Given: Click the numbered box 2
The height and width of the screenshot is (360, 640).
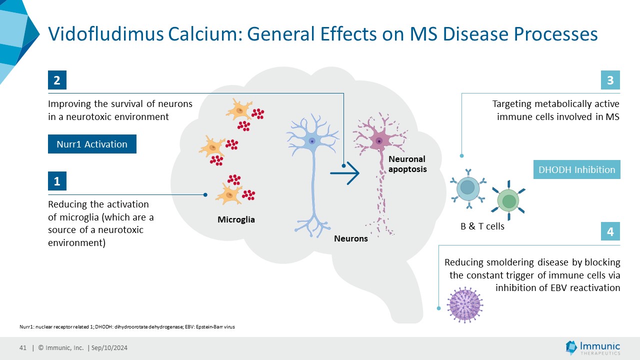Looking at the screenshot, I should click(x=57, y=80).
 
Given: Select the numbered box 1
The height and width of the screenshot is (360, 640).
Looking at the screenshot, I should click(x=57, y=181).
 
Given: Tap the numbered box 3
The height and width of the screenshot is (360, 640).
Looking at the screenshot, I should click(x=610, y=80).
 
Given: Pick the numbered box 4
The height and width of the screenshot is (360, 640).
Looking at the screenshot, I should click(x=610, y=232).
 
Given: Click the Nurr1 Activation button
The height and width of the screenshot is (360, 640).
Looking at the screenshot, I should click(x=92, y=144).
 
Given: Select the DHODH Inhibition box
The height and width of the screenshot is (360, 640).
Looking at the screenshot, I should click(x=576, y=169).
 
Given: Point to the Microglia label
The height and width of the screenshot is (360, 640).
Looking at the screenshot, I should click(x=236, y=219).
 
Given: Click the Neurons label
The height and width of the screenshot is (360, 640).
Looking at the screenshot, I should click(x=350, y=238).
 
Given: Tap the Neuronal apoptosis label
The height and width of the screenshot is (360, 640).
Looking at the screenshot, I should click(x=407, y=164).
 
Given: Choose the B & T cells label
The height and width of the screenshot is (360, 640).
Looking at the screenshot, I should click(x=482, y=226).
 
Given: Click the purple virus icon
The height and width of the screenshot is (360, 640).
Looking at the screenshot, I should click(x=465, y=303).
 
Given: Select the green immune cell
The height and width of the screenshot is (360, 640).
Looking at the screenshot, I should click(x=509, y=201).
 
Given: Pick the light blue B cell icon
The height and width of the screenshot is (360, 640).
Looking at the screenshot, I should click(x=467, y=187).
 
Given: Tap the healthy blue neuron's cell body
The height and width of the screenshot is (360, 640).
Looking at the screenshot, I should click(x=312, y=141).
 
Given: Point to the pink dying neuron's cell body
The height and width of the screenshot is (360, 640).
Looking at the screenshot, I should click(x=379, y=140).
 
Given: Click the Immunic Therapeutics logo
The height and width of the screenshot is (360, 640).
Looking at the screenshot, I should click(x=592, y=348).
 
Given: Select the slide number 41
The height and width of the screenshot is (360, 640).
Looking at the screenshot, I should click(x=23, y=348).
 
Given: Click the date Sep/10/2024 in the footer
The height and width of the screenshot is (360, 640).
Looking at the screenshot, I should click(x=109, y=348).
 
